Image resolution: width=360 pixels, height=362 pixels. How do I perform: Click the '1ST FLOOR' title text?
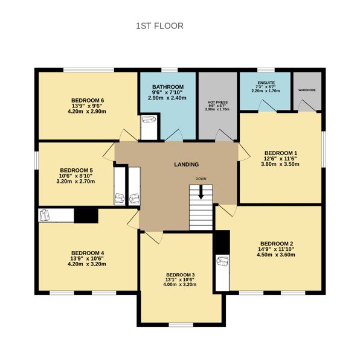(159, 26)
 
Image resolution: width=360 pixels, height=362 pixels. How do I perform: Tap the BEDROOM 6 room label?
(88, 100)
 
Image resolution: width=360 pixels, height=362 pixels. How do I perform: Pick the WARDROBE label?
(307, 89)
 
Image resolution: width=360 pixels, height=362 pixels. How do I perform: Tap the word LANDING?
(186, 164)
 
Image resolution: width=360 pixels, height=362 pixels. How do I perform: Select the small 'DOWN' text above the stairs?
(201, 179)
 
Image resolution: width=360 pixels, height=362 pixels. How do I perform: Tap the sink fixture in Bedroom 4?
(45, 215)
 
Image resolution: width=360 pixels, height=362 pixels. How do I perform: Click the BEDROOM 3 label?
(181, 275)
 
